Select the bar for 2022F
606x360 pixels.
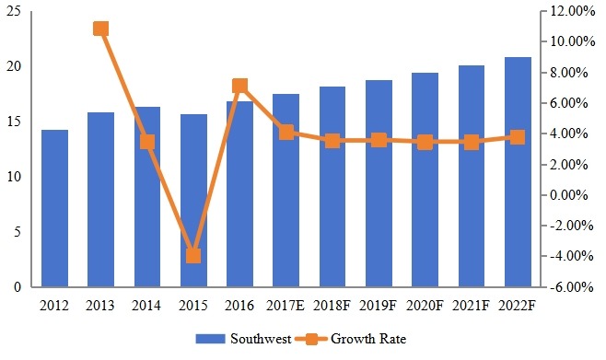coord(518,172)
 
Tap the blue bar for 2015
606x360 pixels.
coord(193,201)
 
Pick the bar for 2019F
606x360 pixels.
coord(379,183)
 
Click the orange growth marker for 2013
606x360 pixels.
coord(101,29)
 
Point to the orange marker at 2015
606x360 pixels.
coord(193,255)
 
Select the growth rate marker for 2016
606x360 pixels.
coord(239,87)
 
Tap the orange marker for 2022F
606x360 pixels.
coord(518,137)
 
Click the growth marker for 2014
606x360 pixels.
coord(147,142)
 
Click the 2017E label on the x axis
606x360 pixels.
coord(286,302)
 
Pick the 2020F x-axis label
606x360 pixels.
coord(425,302)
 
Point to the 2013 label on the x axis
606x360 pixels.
coord(101,302)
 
